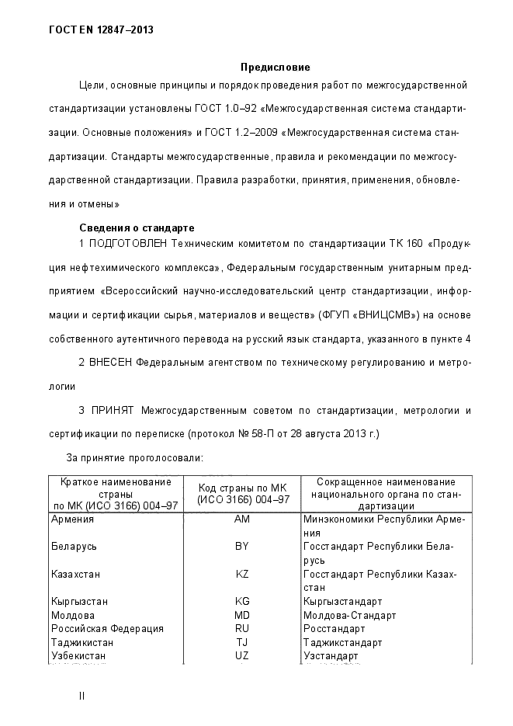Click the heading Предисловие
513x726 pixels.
coord(275,68)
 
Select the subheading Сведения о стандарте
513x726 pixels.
coord(137,228)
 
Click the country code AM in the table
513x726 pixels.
coord(241,519)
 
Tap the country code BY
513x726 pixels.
coord(241,547)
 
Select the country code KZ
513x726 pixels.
coord(241,574)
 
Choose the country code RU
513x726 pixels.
coord(241,628)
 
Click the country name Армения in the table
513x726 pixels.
coord(72,519)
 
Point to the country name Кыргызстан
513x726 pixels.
coord(79,601)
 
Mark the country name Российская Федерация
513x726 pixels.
coord(107,628)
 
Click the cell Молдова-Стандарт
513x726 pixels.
coord(350,615)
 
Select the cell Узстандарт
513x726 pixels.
coord(331,656)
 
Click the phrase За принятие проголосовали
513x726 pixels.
coord(133,458)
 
